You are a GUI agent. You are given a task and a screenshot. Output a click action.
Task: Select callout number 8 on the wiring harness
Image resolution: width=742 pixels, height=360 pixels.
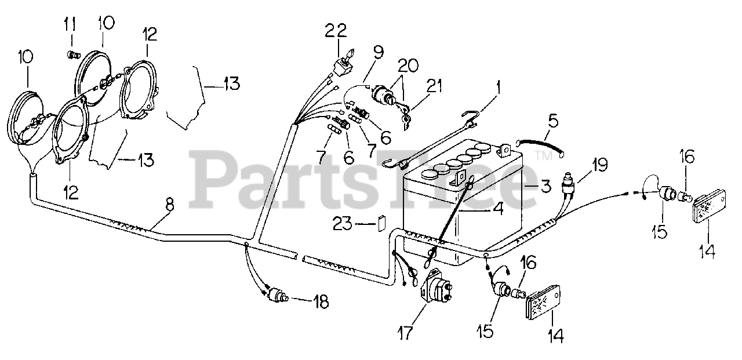click(x=169, y=203)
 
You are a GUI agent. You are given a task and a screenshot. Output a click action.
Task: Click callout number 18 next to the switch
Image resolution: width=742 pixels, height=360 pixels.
click(x=321, y=301)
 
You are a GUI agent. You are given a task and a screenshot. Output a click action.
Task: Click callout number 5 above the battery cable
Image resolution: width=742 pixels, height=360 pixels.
click(x=553, y=123)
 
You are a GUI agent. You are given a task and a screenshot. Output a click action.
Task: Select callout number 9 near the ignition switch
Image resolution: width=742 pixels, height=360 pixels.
click(x=377, y=53)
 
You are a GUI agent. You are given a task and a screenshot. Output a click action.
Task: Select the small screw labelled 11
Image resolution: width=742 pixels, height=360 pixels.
click(x=73, y=55)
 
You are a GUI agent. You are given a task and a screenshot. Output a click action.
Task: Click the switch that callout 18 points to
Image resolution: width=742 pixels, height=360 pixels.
click(x=277, y=296)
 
